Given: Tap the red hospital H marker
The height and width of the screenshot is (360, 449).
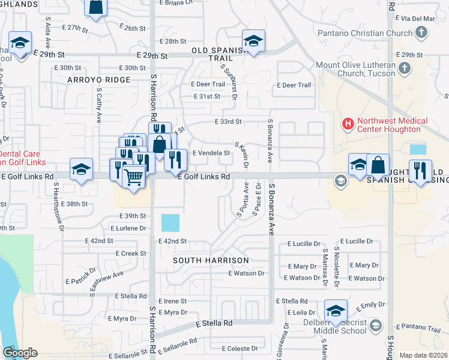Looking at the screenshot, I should (347, 125).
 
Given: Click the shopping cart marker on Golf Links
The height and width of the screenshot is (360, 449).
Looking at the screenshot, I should (133, 176).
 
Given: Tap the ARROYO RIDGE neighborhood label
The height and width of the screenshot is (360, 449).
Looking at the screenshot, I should (99, 80).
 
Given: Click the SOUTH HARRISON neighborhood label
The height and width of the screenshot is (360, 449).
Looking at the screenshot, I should (211, 260).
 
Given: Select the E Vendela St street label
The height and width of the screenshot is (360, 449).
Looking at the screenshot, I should (210, 153).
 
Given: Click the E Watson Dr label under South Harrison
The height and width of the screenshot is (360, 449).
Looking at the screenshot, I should (246, 274).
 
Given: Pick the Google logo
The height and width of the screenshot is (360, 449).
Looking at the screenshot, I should (20, 352).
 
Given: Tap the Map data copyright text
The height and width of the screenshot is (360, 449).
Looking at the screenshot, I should (423, 355).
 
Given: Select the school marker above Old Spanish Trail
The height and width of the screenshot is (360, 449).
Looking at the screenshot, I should (253, 41).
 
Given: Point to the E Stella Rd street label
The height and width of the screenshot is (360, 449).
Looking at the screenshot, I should (214, 323).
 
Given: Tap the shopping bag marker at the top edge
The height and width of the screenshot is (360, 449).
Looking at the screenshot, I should (96, 7).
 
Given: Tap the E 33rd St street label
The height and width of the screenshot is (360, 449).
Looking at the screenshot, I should (228, 122).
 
